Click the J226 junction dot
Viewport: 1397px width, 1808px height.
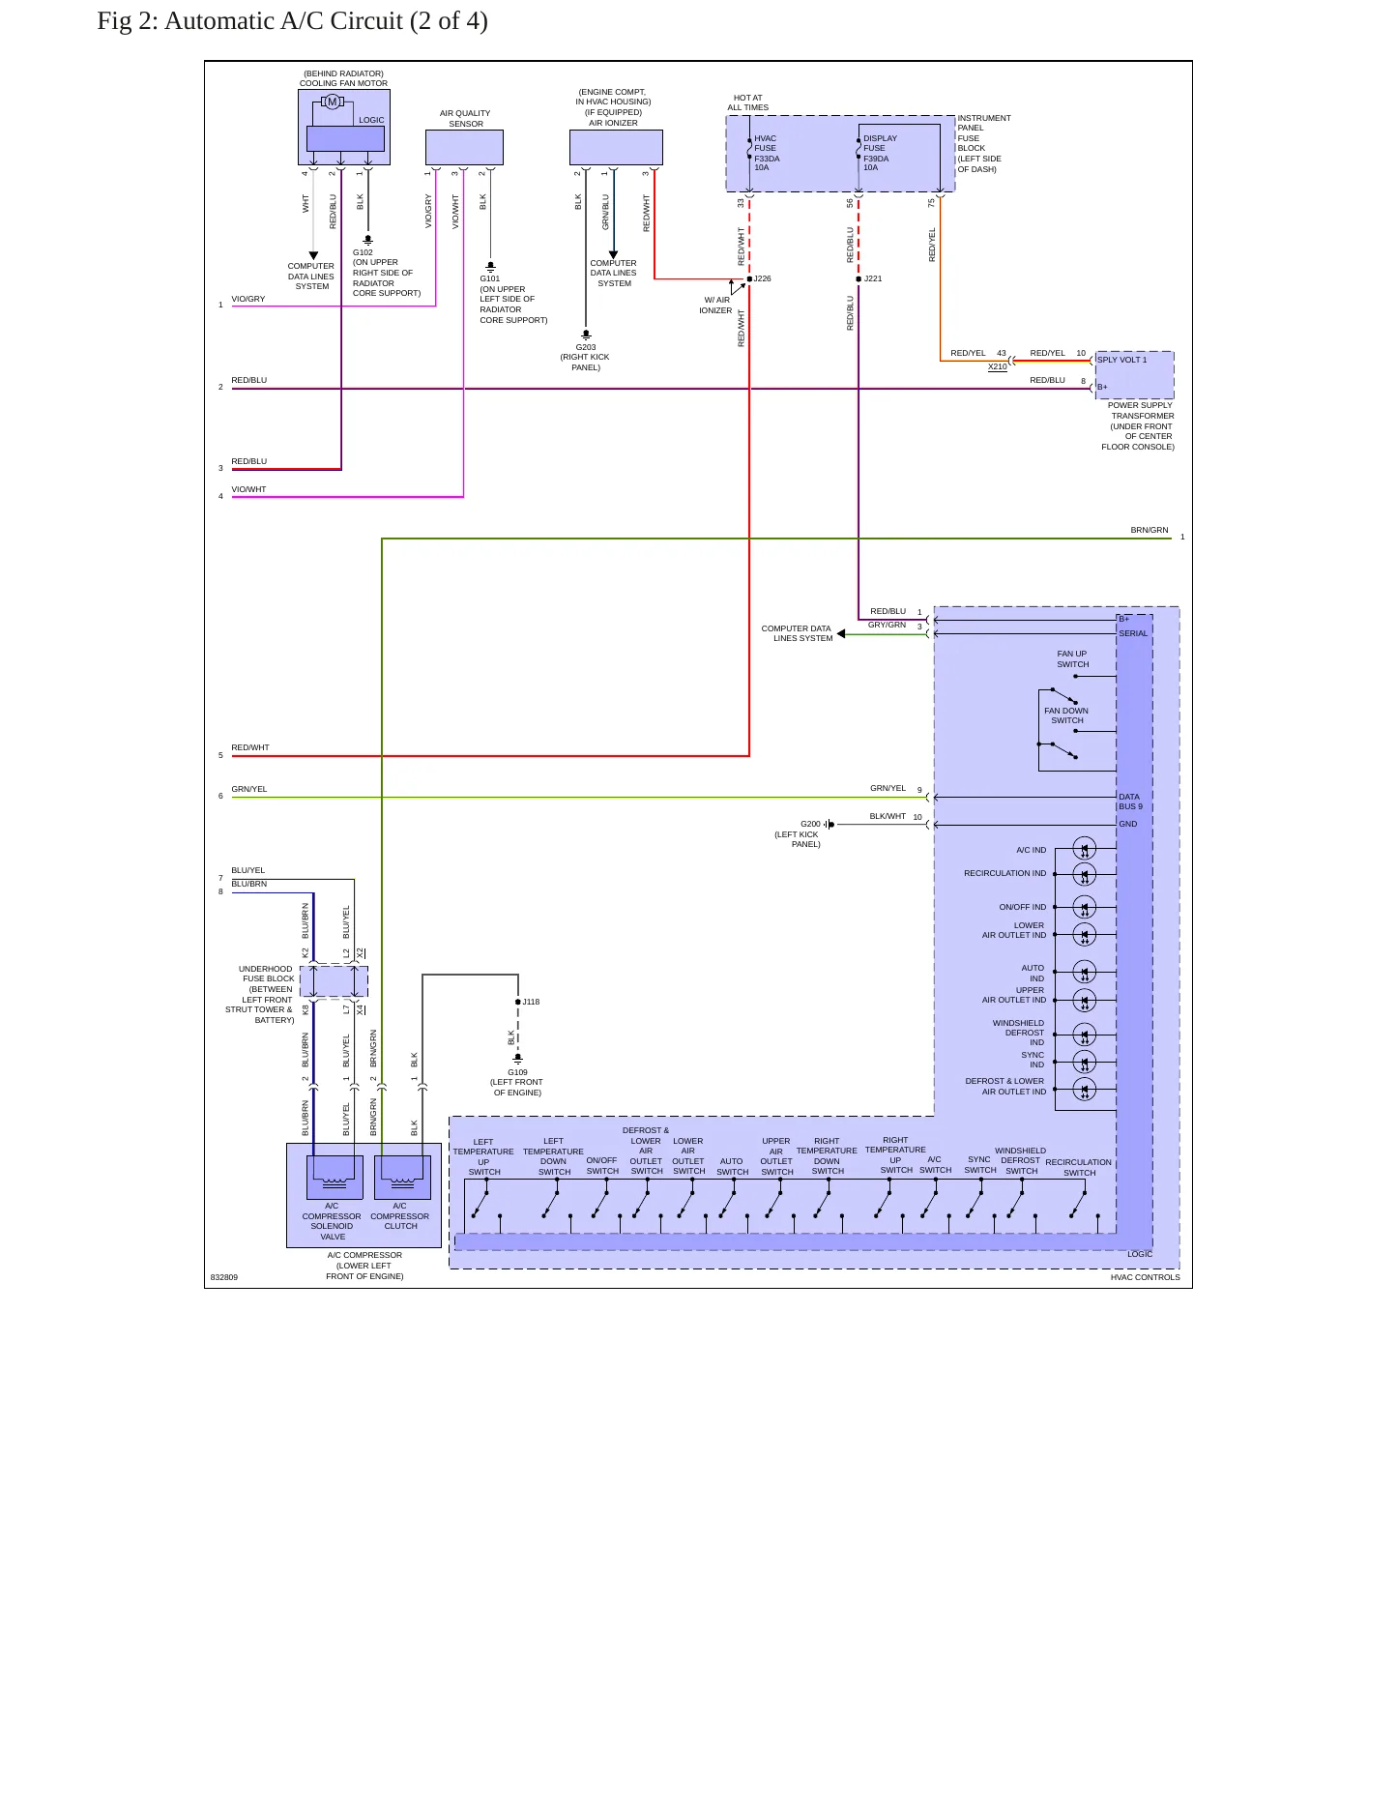pyautogui.click(x=749, y=278)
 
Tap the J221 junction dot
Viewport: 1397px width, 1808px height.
pyautogui.click(x=859, y=278)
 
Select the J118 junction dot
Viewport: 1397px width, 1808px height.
pyautogui.click(x=518, y=1002)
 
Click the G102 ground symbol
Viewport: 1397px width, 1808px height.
pyautogui.click(x=367, y=240)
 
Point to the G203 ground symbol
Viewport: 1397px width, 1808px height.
pyautogui.click(x=586, y=335)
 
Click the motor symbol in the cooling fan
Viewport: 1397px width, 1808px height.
pyautogui.click(x=333, y=102)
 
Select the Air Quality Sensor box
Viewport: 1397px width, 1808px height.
pyautogui.click(x=464, y=148)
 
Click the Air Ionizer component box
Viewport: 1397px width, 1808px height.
pyautogui.click(x=616, y=148)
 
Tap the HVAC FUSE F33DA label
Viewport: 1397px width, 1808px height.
pyautogui.click(x=767, y=153)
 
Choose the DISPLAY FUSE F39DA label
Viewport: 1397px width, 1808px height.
pyautogui.click(x=880, y=153)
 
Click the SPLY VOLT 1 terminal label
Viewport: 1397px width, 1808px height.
pyautogui.click(x=1121, y=360)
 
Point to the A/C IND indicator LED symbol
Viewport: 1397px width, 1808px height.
pyautogui.click(x=1085, y=848)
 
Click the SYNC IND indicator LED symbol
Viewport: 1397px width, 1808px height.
pyautogui.click(x=1085, y=1062)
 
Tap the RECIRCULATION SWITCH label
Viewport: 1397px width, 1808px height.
pyautogui.click(x=1079, y=1168)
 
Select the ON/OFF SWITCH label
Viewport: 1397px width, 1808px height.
pyautogui.click(x=602, y=1165)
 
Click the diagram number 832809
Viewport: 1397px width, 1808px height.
pyautogui.click(x=223, y=1277)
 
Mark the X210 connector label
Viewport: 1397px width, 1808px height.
pyautogui.click(x=998, y=366)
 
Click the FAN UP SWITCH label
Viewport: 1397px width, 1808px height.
pyautogui.click(x=1072, y=658)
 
